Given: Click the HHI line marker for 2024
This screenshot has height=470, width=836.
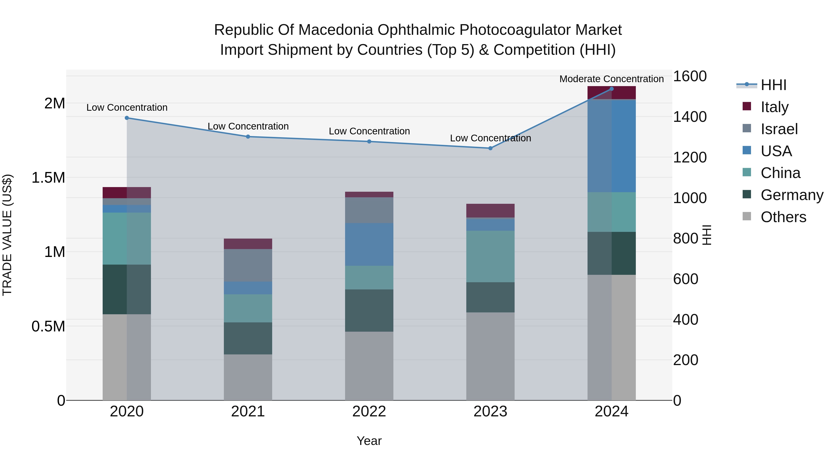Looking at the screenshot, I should (611, 89).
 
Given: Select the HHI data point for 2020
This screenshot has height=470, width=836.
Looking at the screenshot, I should (127, 118).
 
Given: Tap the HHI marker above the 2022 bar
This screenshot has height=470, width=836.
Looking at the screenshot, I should (369, 141).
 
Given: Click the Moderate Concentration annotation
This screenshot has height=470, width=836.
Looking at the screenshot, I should (611, 79).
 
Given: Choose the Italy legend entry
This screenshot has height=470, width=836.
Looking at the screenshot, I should (774, 107).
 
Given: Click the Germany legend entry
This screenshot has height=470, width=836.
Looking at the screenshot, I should (792, 195).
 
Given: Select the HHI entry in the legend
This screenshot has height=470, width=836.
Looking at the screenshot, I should (773, 85).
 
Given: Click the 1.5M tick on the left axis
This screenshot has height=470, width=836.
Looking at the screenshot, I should (48, 178).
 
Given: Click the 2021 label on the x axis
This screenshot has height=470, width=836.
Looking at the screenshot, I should (248, 411).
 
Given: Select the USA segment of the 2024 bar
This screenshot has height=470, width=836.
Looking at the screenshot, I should (611, 146).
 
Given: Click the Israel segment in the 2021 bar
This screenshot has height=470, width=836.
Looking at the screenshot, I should (248, 265).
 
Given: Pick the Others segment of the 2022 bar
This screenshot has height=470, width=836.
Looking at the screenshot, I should (369, 366).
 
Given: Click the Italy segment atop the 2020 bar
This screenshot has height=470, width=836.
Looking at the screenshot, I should (127, 192).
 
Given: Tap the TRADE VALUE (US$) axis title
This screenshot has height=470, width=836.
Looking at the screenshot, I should (7, 235).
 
